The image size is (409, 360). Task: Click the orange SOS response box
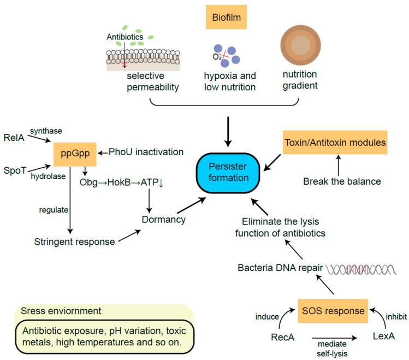click(x=331, y=310)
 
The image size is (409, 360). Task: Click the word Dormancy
click(x=163, y=220)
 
